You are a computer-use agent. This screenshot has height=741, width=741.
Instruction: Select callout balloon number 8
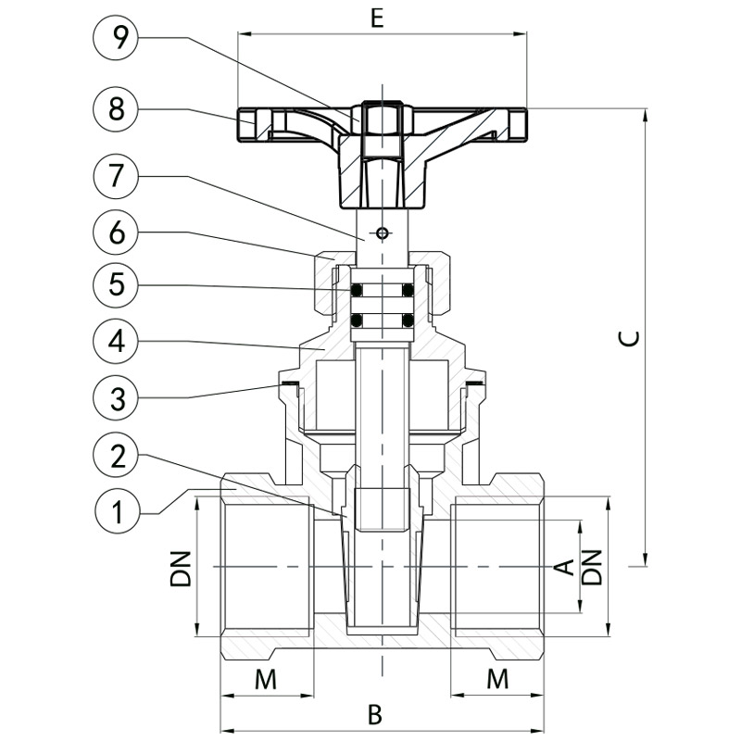pyautogui.click(x=116, y=109)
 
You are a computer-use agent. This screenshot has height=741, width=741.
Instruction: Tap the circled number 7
pyautogui.click(x=116, y=177)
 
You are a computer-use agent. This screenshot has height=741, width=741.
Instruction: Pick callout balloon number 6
pyautogui.click(x=116, y=232)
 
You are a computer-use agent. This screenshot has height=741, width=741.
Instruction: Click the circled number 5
pyautogui.click(x=116, y=285)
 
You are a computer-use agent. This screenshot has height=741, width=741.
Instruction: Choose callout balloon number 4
pyautogui.click(x=116, y=341)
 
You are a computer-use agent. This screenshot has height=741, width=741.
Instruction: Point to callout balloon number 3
pyautogui.click(x=116, y=397)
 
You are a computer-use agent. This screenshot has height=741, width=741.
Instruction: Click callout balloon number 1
pyautogui.click(x=117, y=511)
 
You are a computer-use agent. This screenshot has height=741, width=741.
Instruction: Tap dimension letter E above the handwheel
pyautogui.click(x=377, y=19)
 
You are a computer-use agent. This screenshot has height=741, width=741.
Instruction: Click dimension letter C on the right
pyautogui.click(x=630, y=338)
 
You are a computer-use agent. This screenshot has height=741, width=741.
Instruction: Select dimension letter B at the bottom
pyautogui.click(x=374, y=715)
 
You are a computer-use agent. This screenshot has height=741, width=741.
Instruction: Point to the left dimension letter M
pyautogui.click(x=266, y=680)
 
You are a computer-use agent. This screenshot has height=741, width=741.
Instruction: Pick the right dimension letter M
pyautogui.click(x=497, y=680)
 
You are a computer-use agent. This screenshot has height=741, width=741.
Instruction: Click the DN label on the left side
pyautogui.click(x=180, y=569)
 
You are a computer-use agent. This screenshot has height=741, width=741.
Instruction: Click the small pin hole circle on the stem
pyautogui.click(x=382, y=233)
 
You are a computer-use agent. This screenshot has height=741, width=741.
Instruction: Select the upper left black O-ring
pyautogui.click(x=357, y=290)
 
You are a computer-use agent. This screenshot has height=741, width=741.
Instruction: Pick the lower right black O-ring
pyautogui.click(x=408, y=321)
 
